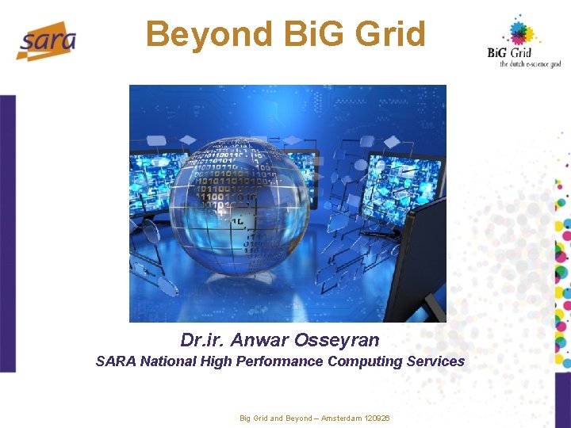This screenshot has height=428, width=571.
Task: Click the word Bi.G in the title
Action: [304, 35]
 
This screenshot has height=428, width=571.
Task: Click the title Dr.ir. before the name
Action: [202, 341]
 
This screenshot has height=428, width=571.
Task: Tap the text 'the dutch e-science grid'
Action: [531, 64]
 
